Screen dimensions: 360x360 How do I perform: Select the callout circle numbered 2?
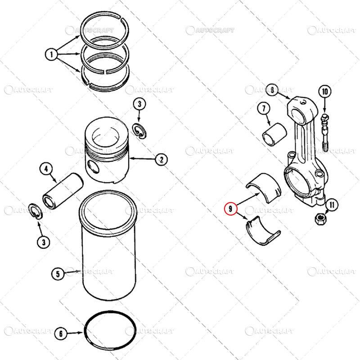[x=161, y=159]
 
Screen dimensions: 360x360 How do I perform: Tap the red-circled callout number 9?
[x=230, y=209]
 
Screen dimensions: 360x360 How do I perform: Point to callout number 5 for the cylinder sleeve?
[x=58, y=273]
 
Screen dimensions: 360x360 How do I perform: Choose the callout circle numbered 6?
[x=61, y=334]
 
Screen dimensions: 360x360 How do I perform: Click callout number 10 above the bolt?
[x=325, y=91]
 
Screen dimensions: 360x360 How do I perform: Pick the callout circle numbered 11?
[x=332, y=205]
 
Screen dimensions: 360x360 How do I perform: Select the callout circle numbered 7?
[x=264, y=109]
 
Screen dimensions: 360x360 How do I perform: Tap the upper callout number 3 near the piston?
[x=139, y=104]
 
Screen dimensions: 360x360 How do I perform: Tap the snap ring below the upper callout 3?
[x=141, y=131]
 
